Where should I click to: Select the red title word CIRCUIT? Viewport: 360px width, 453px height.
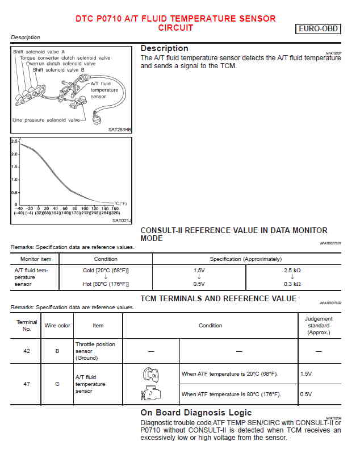175,27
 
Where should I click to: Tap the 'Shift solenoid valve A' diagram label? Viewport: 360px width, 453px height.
39,52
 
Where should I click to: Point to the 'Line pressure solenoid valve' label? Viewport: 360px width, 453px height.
47,120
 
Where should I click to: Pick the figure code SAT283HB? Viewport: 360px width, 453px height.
119,130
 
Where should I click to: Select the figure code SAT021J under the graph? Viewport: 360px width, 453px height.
122,220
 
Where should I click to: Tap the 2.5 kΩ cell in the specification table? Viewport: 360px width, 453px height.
292,271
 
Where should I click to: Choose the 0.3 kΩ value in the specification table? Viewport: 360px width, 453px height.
292,284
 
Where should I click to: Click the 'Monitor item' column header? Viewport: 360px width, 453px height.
36,259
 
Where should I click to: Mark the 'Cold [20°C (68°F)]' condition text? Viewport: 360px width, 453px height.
106,271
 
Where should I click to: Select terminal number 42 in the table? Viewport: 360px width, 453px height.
27,351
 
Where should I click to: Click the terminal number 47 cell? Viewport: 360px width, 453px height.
27,384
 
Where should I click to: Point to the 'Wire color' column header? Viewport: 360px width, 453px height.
57,326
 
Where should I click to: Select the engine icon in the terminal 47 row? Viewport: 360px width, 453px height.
150,393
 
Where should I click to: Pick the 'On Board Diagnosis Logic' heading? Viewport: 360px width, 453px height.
196,413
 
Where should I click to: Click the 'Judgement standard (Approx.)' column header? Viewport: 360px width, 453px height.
319,326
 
